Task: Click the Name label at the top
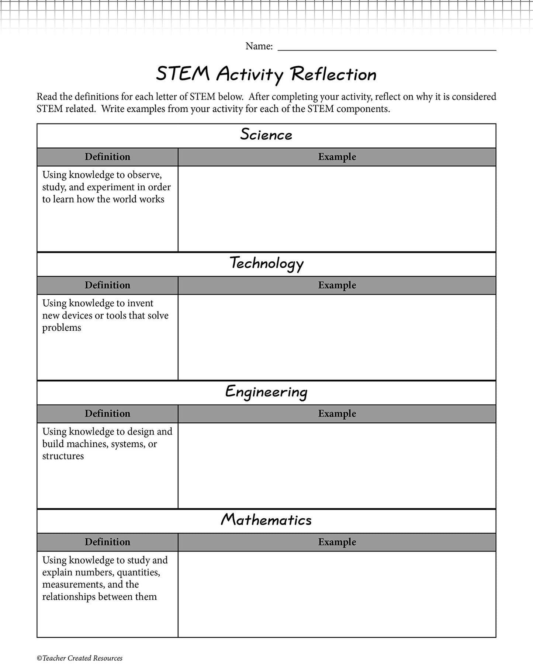pos(259,46)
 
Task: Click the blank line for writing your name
pos(387,47)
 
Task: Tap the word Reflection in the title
pos(333,74)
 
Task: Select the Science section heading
pos(266,135)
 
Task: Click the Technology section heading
pos(266,264)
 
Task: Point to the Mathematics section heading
pos(266,520)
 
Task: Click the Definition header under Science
pos(107,157)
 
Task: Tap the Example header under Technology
pos(337,285)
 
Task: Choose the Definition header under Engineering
pos(107,414)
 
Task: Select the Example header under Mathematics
pos(337,542)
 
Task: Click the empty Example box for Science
pos(337,209)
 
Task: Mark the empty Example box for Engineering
pos(337,466)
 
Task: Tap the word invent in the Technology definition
pos(140,303)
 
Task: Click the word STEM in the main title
pos(183,74)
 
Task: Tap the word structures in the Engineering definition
pos(63,456)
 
